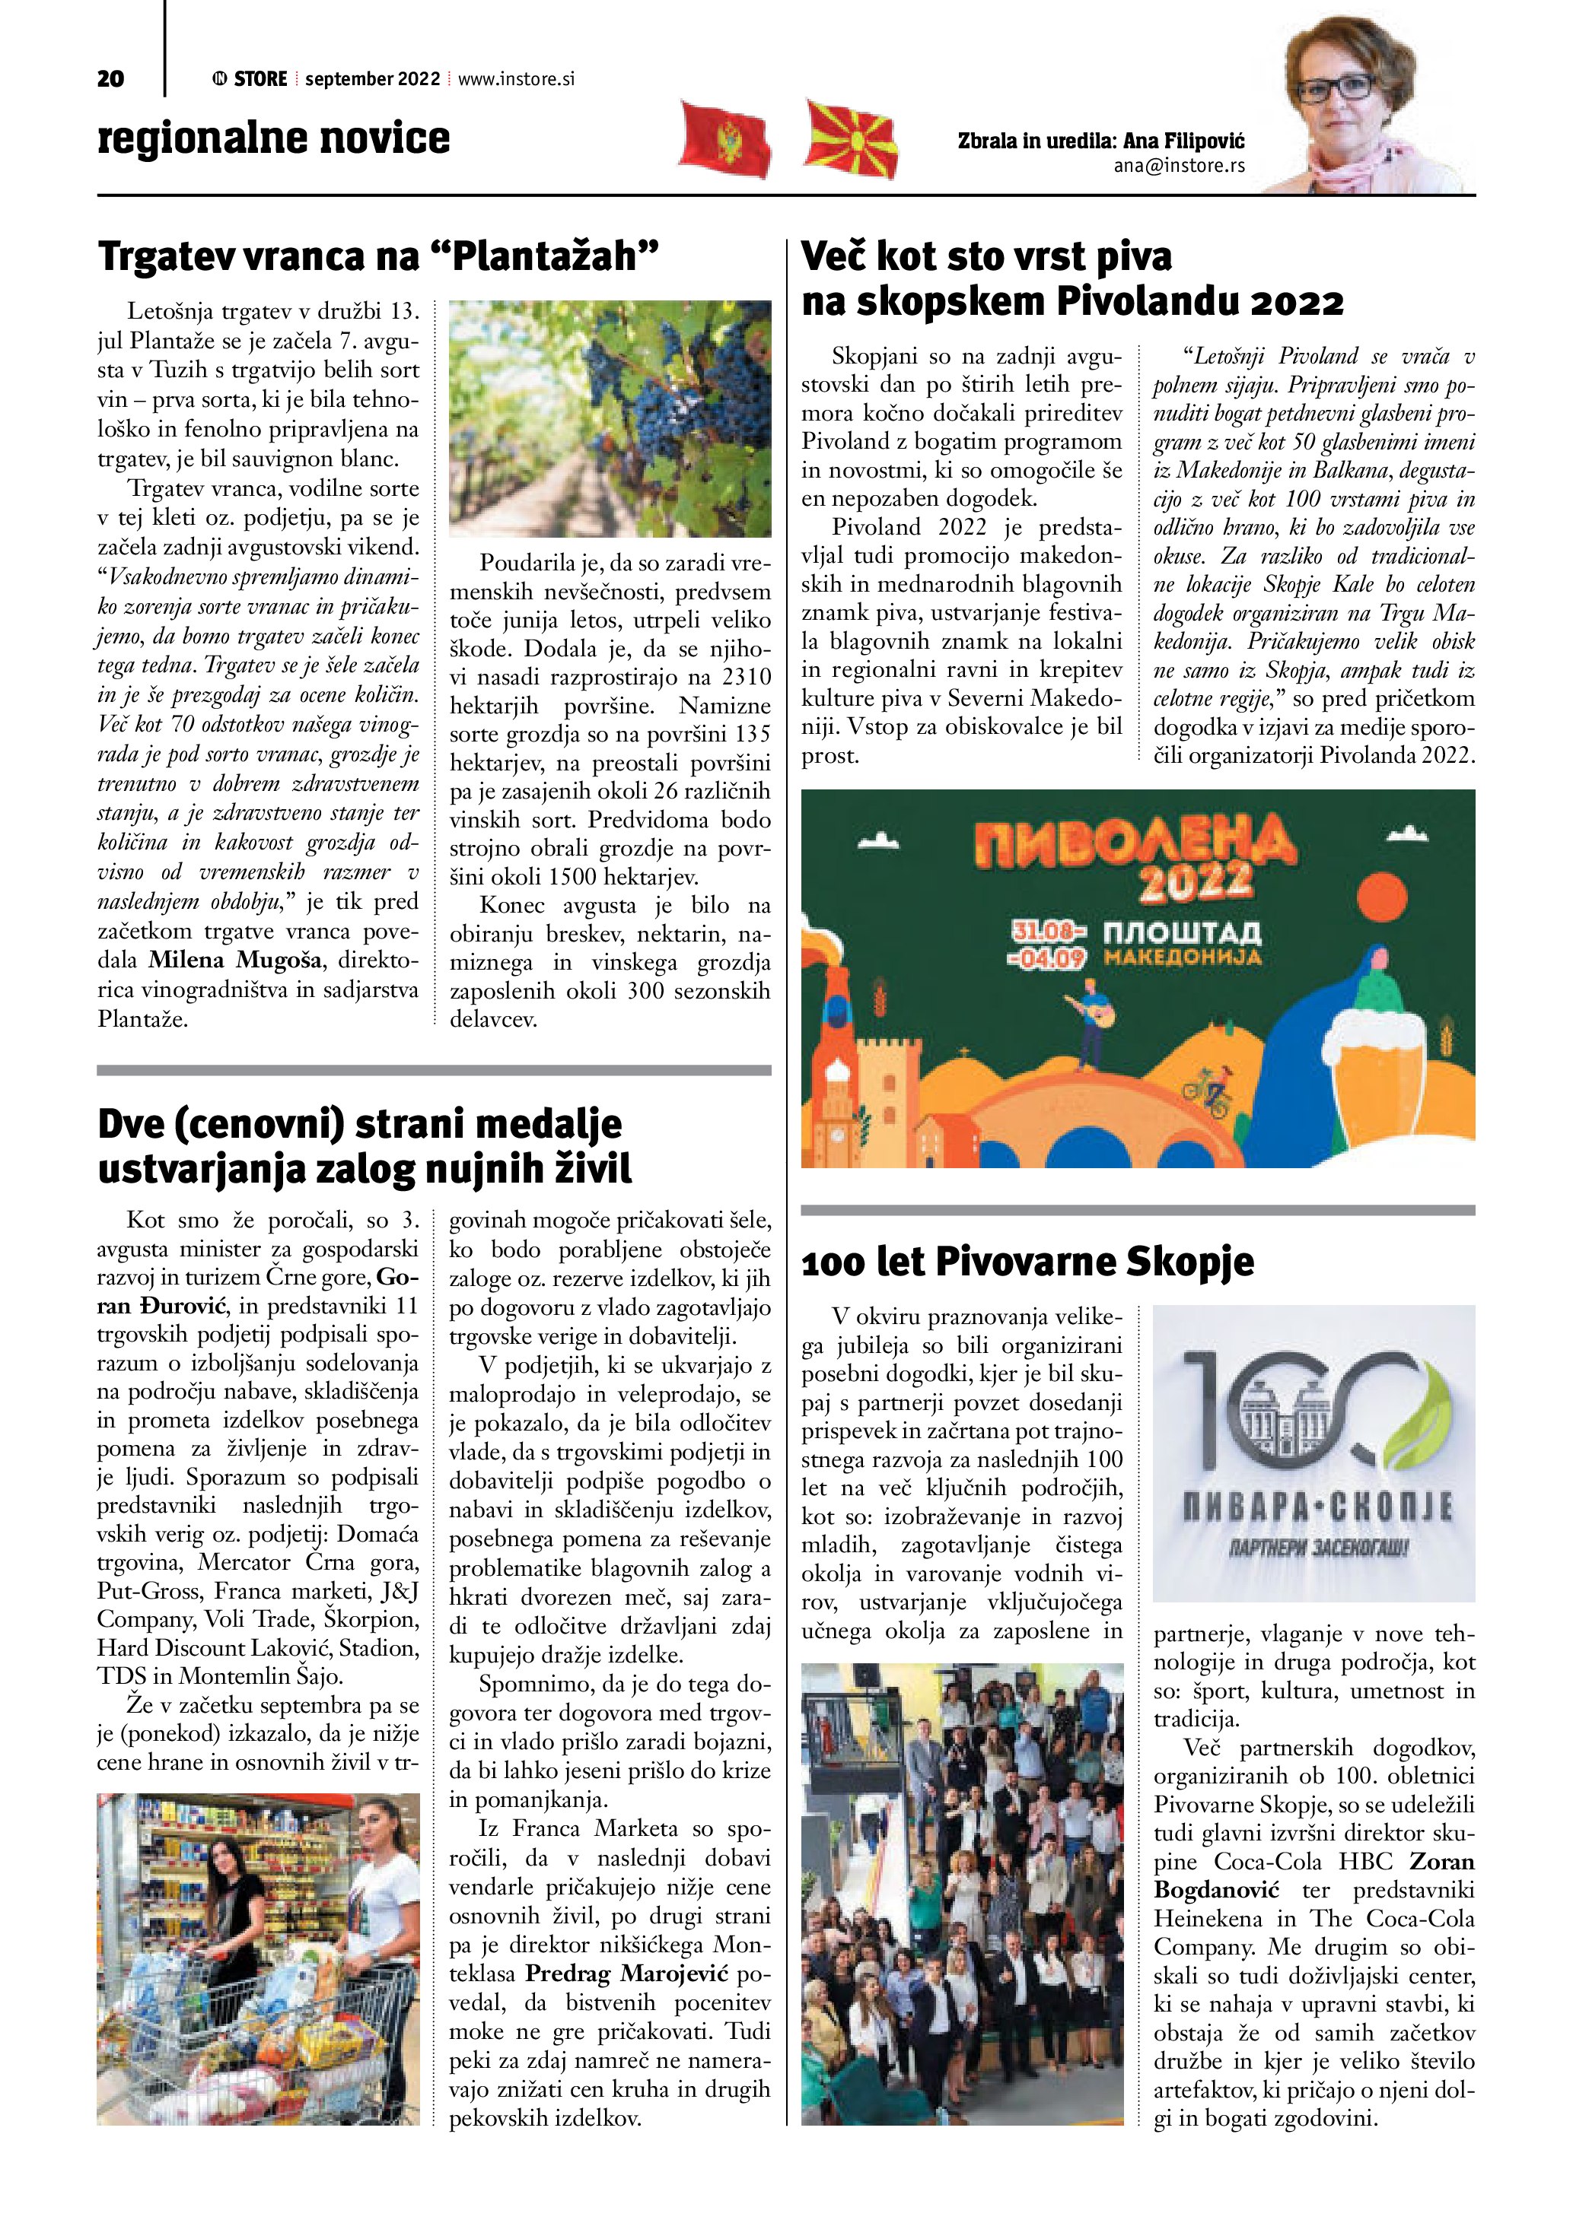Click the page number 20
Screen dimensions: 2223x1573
click(110, 79)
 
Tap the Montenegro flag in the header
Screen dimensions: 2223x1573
click(724, 138)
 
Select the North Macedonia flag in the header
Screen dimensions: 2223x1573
click(851, 139)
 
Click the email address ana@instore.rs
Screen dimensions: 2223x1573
click(1179, 166)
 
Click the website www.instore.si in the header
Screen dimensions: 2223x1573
click(515, 79)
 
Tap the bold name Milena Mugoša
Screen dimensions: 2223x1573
click(235, 961)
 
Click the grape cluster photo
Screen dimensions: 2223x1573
click(610, 418)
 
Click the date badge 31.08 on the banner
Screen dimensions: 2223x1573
click(1048, 932)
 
